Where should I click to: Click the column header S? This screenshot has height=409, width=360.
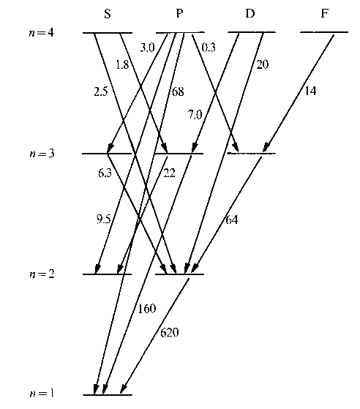[x=108, y=14]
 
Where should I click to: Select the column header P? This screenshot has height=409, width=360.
[x=179, y=13]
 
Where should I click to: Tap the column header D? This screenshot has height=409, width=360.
[x=250, y=13]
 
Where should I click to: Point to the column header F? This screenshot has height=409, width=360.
[x=324, y=13]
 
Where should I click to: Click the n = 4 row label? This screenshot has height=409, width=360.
[x=41, y=33]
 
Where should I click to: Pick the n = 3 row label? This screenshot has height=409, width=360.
[x=42, y=154]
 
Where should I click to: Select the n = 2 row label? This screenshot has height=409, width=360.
[x=42, y=274]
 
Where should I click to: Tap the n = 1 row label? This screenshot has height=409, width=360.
[x=42, y=393]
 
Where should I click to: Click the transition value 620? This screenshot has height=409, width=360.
[x=169, y=333]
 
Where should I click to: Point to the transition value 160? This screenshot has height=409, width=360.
[x=147, y=309]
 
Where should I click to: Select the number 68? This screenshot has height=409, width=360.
[x=178, y=91]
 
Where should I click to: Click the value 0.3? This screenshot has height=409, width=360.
[x=209, y=48]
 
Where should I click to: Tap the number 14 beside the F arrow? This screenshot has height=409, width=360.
[x=310, y=91]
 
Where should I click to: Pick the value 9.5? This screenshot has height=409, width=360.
[x=104, y=219]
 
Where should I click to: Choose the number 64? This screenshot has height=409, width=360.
[x=232, y=220]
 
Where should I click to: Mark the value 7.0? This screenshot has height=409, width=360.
[x=195, y=115]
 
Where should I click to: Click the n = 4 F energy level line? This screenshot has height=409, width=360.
[x=324, y=32]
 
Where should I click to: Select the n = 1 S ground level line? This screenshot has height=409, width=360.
[x=108, y=395]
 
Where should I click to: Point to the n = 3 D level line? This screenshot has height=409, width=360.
[x=252, y=154]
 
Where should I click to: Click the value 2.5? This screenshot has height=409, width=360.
[x=101, y=91]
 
